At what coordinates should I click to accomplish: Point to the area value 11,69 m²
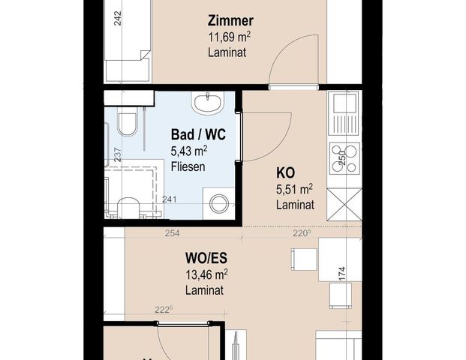[227, 37]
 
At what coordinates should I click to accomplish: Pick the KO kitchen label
[285, 173]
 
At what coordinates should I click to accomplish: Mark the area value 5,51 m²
[294, 188]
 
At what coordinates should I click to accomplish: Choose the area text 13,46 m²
[206, 274]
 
